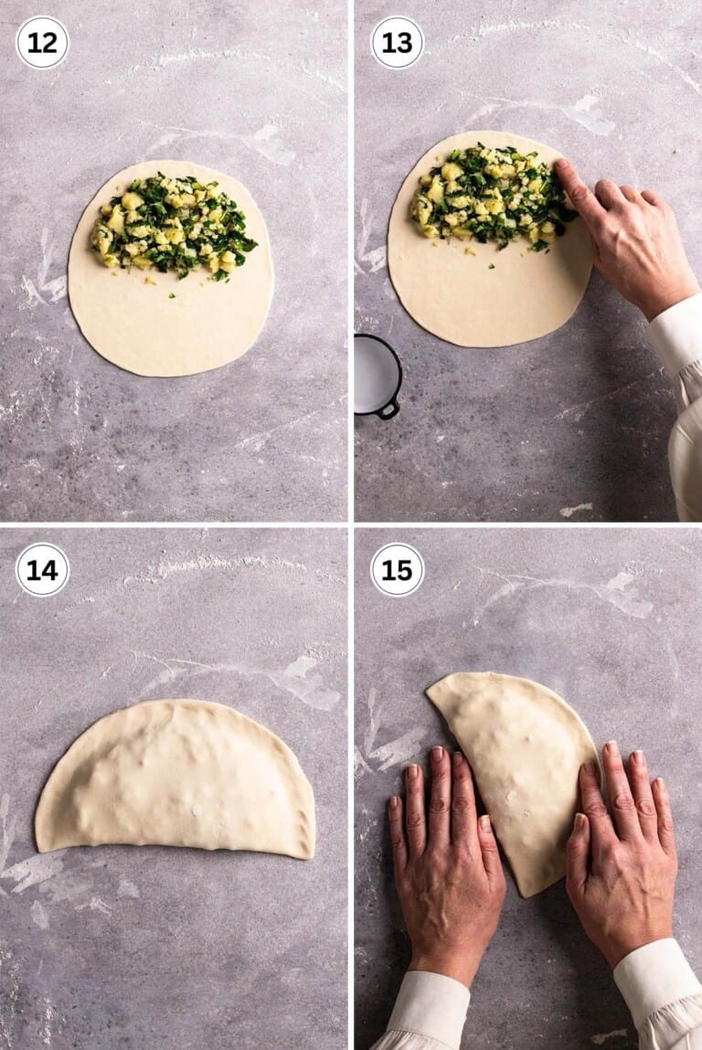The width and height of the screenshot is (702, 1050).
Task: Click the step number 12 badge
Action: click(42, 42)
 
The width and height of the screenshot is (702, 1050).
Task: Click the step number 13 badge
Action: click(397, 42)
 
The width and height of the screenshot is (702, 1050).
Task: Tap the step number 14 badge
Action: click(42, 569)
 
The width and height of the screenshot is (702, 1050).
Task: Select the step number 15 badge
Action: click(397, 569)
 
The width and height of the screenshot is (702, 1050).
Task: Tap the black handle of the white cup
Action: click(389, 408)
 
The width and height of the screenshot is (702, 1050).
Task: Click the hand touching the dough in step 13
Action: click(631, 247)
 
